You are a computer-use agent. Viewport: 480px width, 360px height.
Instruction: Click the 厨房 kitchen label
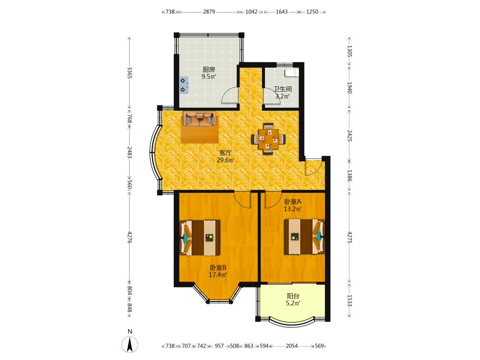209,70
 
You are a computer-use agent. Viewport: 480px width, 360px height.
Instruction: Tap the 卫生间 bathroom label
283,89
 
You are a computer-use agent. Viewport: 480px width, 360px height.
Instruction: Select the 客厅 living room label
225,153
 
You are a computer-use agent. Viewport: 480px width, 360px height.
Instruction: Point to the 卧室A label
293,202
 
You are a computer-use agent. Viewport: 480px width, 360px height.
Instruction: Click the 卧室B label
218,267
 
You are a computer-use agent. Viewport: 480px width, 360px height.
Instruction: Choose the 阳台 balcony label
293,296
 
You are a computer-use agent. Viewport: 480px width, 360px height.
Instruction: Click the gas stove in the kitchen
184,85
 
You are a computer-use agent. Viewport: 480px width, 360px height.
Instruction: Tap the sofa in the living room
200,119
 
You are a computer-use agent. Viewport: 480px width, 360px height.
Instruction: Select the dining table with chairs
268,139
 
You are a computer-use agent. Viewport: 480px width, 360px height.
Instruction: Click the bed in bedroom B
200,238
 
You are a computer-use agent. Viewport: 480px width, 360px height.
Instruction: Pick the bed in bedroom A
304,236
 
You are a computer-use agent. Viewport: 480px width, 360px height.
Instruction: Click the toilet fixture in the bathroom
291,72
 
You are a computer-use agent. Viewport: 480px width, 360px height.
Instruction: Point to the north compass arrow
130,345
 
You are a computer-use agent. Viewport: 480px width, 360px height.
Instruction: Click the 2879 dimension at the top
209,12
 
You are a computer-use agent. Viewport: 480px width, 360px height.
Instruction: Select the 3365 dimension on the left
130,73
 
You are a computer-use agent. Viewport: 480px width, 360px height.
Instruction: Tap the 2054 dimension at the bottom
292,346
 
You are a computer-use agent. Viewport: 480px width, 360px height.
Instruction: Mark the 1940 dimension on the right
349,88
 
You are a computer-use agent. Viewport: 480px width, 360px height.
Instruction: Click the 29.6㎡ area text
225,160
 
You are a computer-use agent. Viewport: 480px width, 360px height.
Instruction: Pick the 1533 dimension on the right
349,300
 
